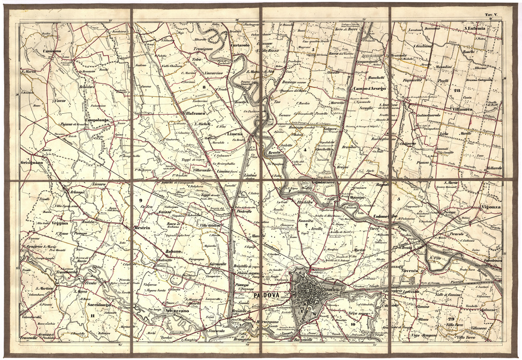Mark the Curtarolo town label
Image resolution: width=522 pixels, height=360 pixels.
tap(239, 45)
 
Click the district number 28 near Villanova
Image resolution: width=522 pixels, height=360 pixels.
tap(457, 91)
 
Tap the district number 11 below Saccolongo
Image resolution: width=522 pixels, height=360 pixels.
tap(92, 316)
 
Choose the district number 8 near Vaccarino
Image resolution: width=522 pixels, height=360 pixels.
tap(205, 87)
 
